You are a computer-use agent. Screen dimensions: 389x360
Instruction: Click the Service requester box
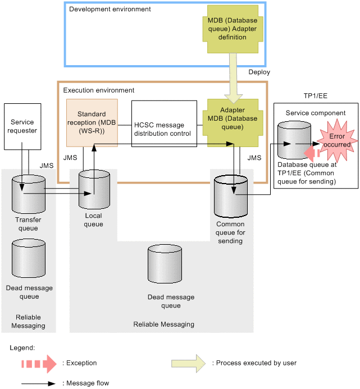[22, 126]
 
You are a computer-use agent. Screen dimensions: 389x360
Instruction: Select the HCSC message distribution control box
[164, 124]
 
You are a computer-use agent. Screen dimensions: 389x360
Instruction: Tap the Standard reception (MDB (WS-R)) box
[92, 123]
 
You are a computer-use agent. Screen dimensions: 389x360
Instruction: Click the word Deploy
[259, 72]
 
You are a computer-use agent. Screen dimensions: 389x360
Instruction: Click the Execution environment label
[98, 90]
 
